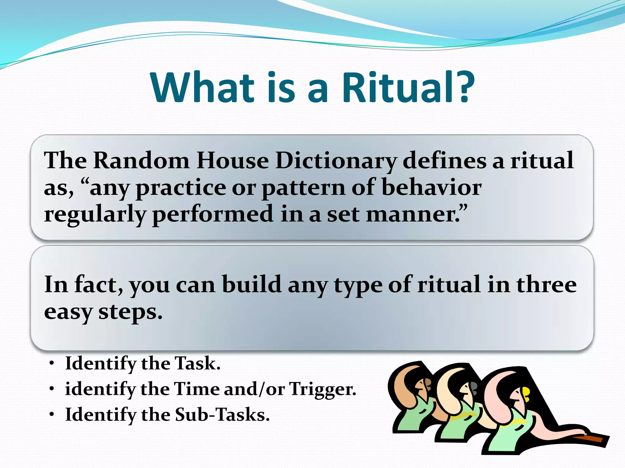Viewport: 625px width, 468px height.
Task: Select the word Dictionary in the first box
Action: pos(336,161)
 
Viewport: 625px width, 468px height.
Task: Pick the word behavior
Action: pos(432,187)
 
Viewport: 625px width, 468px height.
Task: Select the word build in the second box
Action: pos(251,284)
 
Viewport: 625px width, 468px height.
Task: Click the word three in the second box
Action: pos(546,284)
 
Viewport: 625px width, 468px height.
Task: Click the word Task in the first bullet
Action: pos(197,363)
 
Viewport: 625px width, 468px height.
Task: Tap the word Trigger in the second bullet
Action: pos(322,389)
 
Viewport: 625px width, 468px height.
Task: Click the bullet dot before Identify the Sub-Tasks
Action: pos(52,415)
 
